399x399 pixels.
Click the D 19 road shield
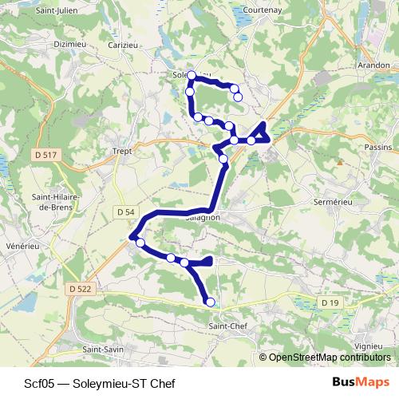pyautogui.click(x=330, y=303)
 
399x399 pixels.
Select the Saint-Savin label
pyautogui.click(x=103, y=350)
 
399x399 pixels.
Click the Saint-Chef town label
pyautogui.click(x=227, y=326)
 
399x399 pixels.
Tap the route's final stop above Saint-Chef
pyautogui.click(x=211, y=302)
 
